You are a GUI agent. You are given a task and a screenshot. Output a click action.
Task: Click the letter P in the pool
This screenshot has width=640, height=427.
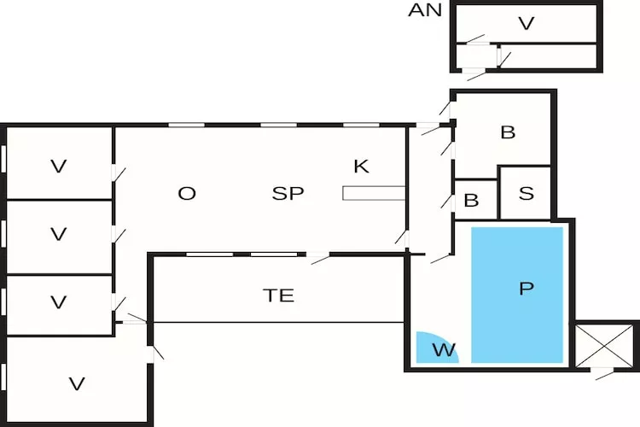click(526, 289)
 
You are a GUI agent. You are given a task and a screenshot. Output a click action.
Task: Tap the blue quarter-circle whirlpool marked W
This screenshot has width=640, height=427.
click(436, 348)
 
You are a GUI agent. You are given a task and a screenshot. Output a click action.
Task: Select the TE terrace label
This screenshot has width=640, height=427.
click(278, 295)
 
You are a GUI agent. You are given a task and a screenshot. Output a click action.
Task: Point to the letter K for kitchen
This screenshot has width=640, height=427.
click(361, 166)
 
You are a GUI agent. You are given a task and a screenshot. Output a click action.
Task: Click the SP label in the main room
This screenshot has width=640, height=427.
click(288, 193)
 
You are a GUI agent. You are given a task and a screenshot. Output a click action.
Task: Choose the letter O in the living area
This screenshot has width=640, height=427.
click(187, 193)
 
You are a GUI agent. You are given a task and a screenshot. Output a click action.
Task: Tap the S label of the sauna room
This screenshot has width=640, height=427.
click(527, 193)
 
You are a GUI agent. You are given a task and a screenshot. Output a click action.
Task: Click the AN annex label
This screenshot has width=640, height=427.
click(425, 10)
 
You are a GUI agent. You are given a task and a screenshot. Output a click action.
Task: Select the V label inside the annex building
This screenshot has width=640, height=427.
click(526, 23)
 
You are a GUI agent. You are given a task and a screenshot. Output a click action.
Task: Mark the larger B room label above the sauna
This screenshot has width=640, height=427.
click(508, 132)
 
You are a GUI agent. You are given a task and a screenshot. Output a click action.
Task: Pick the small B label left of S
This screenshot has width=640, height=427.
click(471, 202)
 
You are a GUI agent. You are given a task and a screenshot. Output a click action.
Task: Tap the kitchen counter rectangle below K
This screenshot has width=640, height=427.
click(373, 193)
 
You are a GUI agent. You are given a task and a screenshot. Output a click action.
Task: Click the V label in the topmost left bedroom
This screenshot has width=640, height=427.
click(58, 167)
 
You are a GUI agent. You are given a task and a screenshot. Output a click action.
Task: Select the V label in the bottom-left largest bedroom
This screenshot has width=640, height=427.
click(77, 384)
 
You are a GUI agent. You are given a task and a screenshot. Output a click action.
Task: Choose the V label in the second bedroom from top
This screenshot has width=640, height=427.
click(58, 234)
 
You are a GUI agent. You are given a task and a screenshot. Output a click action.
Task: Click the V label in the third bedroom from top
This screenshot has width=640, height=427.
click(58, 302)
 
